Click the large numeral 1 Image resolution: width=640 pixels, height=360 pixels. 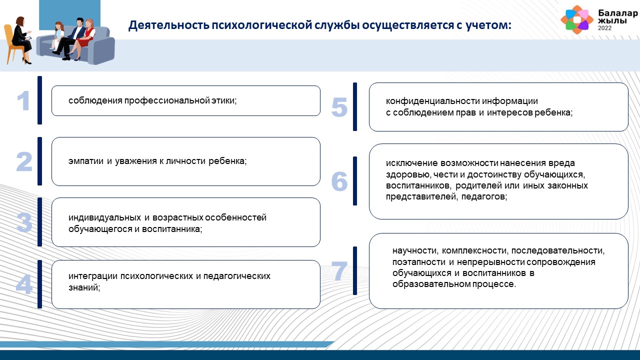23,100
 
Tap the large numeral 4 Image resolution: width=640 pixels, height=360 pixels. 24,284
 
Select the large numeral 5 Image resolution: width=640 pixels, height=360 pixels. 339,107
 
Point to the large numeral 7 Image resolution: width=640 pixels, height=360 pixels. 339,270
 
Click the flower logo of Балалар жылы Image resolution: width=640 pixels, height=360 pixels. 577,19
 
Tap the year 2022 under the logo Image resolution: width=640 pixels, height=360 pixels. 605,28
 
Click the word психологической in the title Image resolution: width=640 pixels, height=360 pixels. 262,25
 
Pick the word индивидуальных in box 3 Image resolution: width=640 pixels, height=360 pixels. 104,217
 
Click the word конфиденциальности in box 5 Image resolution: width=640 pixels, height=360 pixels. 432,101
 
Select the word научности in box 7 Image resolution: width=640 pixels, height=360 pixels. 415,251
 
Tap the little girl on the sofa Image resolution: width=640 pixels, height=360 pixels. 57,35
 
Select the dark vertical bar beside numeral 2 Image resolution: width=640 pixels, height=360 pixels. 39,161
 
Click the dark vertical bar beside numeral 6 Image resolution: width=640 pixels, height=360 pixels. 355,181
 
